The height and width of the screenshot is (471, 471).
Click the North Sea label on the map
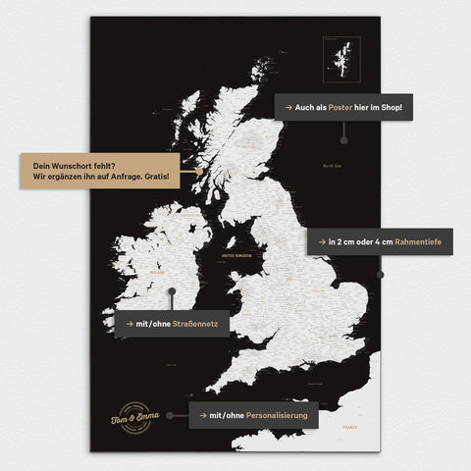click(334, 166)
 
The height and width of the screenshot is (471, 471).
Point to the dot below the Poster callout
click(343, 139)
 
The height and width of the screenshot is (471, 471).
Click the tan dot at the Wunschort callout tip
click(197, 171)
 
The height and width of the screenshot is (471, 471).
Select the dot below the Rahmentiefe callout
click(380, 275)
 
